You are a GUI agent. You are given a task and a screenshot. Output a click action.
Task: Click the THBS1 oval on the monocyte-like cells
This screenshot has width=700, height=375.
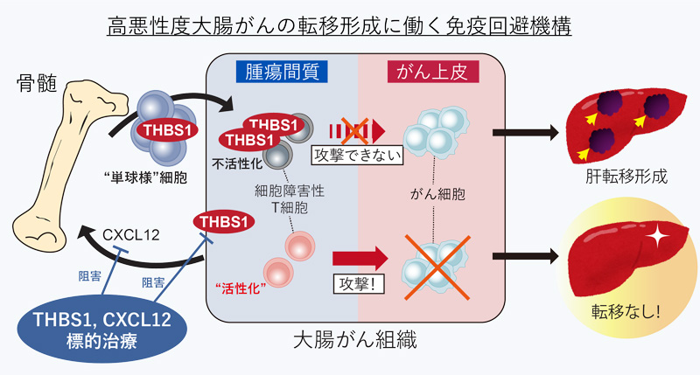(x=162, y=130)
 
